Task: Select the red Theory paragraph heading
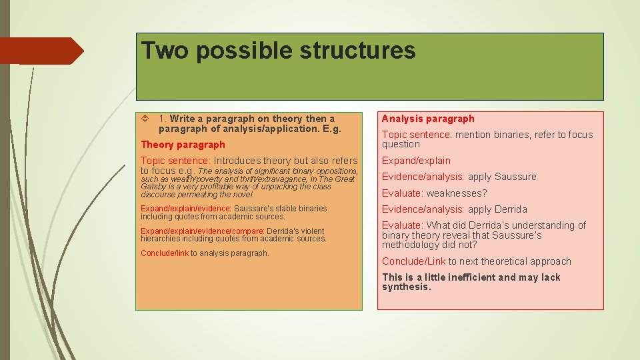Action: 183,145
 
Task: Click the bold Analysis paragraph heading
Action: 428,119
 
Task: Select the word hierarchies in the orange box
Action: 159,239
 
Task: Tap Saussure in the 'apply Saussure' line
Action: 515,177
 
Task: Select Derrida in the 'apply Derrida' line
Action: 511,209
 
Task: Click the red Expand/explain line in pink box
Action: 416,161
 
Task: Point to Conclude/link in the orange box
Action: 165,253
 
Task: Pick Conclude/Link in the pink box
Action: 413,261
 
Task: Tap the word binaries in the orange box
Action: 313,209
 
